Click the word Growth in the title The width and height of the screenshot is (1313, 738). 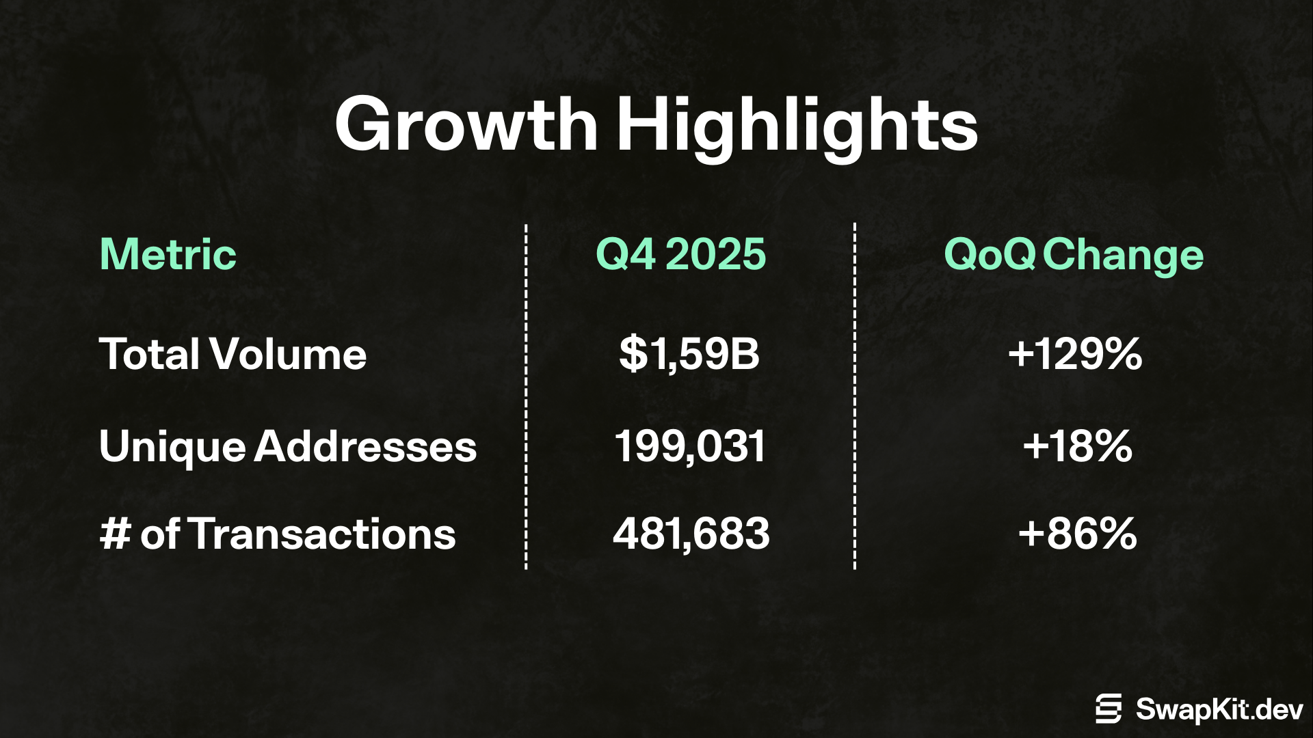(467, 124)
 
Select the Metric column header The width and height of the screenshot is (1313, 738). (168, 254)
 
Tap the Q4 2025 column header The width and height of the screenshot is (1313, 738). (681, 254)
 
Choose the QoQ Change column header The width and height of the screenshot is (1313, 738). (1074, 256)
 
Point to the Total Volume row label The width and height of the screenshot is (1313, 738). (233, 354)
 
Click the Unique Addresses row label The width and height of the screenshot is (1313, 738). (288, 446)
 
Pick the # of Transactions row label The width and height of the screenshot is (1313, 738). (278, 534)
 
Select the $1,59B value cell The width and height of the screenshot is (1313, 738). (689, 354)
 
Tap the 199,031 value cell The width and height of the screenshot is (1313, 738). (690, 447)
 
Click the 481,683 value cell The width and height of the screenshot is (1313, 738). (691, 534)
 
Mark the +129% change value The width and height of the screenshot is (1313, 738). (1075, 354)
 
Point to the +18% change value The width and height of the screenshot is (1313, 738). (1078, 446)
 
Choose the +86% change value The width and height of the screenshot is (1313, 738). (1078, 534)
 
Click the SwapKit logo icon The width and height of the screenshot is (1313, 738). (1109, 709)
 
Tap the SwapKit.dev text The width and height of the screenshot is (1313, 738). (1219, 709)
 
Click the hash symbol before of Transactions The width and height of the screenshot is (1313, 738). (115, 534)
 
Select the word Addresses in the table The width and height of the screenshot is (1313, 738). (366, 446)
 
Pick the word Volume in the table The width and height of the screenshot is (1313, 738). (289, 354)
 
